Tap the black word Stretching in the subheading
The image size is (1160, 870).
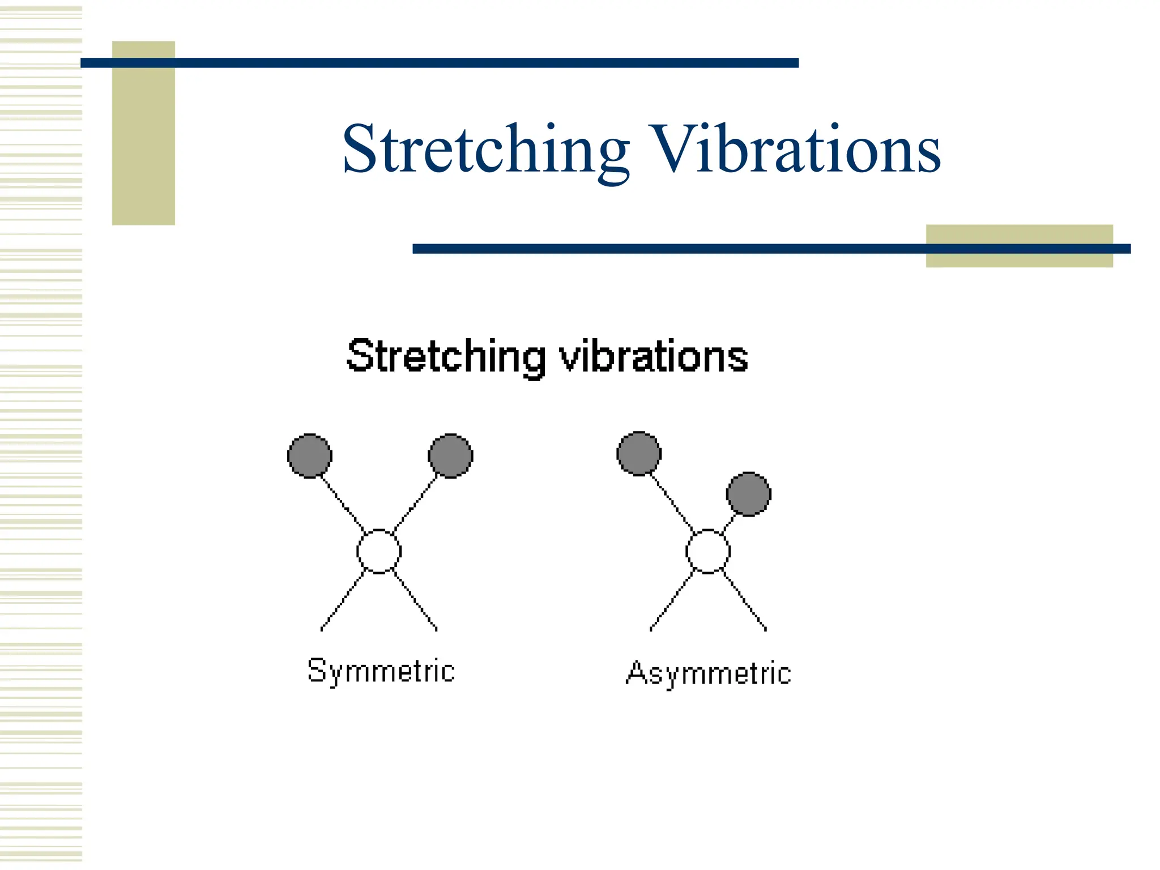click(446, 357)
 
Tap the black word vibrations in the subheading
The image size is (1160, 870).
click(654, 357)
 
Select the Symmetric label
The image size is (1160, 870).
click(381, 671)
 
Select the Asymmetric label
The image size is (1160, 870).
click(708, 673)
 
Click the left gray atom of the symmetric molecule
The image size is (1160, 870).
click(310, 456)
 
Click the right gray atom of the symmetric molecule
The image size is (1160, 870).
click(450, 456)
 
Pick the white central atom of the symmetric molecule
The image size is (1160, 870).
click(379, 551)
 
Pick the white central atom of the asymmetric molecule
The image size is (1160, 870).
click(708, 551)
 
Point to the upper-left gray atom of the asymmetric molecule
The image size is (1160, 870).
click(639, 454)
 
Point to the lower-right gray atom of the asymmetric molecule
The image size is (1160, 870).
click(748, 494)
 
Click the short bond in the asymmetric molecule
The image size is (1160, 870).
click(730, 523)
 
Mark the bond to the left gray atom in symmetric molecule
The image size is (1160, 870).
click(343, 503)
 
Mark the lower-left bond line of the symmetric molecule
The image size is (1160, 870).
click(343, 601)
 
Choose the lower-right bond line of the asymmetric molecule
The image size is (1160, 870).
click(745, 601)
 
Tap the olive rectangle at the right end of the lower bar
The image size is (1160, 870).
click(1019, 259)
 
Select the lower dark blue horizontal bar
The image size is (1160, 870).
click(668, 249)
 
